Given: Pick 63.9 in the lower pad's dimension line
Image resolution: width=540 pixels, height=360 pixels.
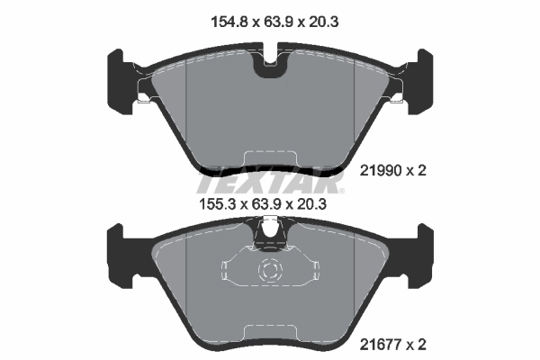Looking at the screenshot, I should click(x=269, y=203).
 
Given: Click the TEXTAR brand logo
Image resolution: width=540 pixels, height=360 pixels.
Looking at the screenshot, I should click(x=269, y=184).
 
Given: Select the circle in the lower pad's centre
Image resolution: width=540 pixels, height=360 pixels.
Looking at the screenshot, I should click(x=269, y=270).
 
